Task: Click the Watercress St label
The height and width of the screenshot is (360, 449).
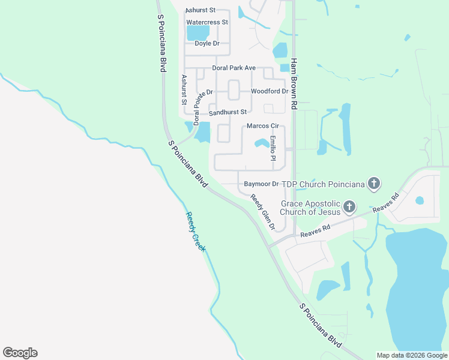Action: point(207,22)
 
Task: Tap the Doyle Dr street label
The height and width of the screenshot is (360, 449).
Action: point(207,43)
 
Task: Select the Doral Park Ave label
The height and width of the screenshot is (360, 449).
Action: point(234,68)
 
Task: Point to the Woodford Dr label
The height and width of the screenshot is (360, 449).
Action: point(270,91)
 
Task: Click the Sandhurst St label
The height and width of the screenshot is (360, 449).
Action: point(228,112)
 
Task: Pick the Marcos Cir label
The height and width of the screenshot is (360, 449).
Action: point(264,126)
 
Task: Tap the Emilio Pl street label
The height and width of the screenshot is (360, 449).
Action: point(273,149)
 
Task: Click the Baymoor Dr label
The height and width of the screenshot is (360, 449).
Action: point(262,184)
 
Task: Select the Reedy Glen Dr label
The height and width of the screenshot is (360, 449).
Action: point(262,213)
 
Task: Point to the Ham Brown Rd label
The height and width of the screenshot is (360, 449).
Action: point(294,83)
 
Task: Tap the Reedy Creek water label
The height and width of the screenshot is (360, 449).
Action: point(195,231)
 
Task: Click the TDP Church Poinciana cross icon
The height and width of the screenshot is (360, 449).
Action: point(374,183)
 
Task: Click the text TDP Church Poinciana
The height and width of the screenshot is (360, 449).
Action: point(324,184)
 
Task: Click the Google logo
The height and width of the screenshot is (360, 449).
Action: point(20,353)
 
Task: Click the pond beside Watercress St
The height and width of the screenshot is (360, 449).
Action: point(198,32)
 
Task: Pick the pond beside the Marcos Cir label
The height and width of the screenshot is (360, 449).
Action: point(262,143)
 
